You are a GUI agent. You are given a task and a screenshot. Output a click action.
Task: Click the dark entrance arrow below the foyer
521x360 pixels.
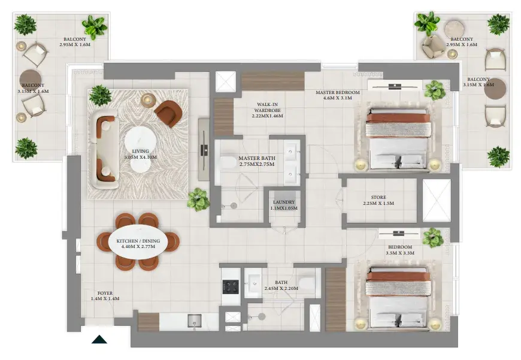(x=99, y=340)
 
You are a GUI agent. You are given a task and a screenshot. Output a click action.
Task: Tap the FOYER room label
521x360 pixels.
(x=105, y=296)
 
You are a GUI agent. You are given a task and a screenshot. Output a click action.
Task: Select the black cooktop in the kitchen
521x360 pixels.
(x=231, y=287)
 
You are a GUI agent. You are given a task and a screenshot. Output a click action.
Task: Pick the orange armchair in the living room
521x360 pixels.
(x=168, y=113)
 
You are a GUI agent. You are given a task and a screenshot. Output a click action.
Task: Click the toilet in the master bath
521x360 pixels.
(x=229, y=162)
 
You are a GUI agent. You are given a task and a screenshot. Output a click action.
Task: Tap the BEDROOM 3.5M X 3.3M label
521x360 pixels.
(x=400, y=250)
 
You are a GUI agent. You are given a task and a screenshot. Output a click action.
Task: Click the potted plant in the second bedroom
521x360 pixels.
(x=433, y=237)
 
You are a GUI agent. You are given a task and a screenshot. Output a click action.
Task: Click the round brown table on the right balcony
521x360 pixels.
(x=495, y=89)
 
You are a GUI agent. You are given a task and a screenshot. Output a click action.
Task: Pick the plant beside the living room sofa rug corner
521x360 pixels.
(x=198, y=200)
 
